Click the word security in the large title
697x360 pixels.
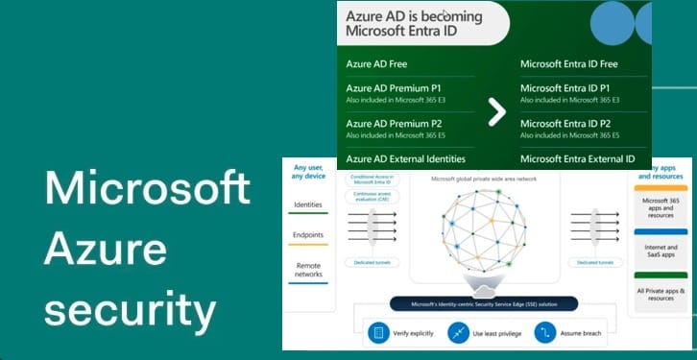131,310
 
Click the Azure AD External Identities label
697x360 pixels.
405,158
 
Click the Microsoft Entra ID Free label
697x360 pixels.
568,64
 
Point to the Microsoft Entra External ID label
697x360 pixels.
577,158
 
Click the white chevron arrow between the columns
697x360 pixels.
496,111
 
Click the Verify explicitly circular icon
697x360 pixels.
378,333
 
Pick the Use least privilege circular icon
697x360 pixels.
461,333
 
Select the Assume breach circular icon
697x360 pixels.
546,333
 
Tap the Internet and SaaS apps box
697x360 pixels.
661,252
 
